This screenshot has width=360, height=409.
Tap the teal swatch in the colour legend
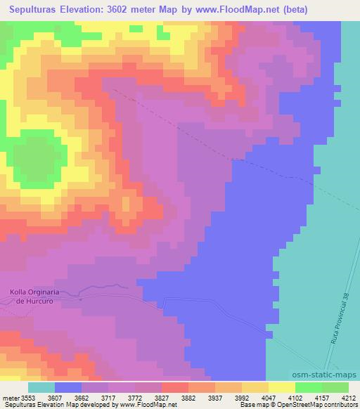coord(41,387)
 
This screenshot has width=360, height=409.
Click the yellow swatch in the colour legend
coord(281,387)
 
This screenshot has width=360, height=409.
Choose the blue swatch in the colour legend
coord(68,387)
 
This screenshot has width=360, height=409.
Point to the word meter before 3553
coord(12,397)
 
